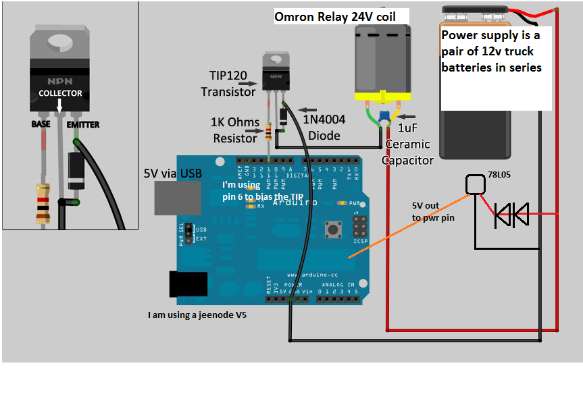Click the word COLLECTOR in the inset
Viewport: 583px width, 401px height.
pyautogui.click(x=60, y=93)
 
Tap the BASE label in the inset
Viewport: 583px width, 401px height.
pyautogui.click(x=41, y=124)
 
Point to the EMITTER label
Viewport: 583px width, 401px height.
pyautogui.click(x=83, y=124)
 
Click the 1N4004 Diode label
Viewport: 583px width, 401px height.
pyautogui.click(x=324, y=127)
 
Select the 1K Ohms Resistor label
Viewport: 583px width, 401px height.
pyautogui.click(x=235, y=130)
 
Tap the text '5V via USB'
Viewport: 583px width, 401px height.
pyautogui.click(x=173, y=173)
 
